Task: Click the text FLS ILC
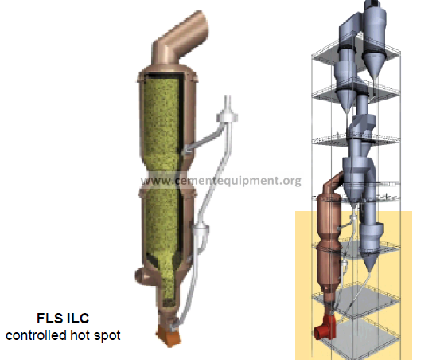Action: click(63, 318)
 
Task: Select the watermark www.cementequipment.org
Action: click(221, 181)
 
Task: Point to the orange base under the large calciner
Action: click(169, 335)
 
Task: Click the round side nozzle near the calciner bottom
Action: click(142, 276)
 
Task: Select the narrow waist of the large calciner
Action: click(167, 180)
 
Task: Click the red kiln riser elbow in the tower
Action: click(325, 327)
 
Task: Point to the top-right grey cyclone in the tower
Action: click(374, 40)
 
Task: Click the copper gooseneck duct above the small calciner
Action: click(333, 183)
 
